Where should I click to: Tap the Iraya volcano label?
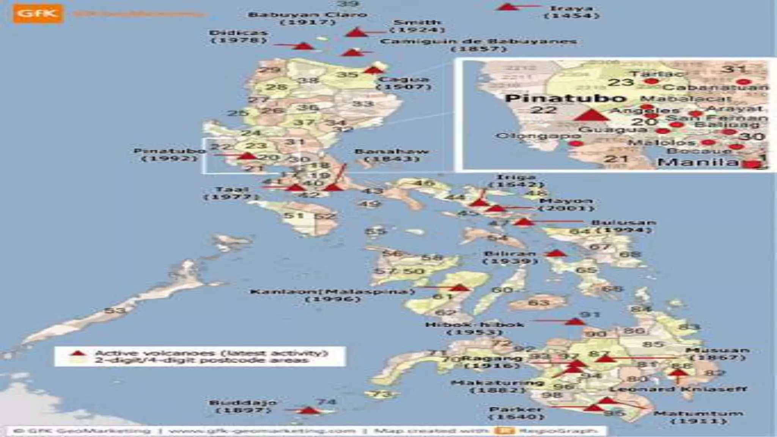coord(571,12)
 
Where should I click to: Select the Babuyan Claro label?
coord(308,18)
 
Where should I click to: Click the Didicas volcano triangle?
coord(304,46)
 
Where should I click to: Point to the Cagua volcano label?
coord(404,83)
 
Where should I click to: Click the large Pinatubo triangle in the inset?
coord(591,115)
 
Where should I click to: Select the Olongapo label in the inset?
coord(538,136)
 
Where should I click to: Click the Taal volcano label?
coord(232,193)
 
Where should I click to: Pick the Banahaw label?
coord(392,155)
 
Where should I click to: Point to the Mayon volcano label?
coord(566,204)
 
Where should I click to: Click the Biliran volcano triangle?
coord(556,253)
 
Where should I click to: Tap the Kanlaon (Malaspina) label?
coord(332,295)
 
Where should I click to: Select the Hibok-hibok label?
coord(475,328)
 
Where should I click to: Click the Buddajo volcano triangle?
coord(309,410)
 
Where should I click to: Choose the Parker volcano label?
coord(516,413)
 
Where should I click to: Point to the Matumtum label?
coord(698,417)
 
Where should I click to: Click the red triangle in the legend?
coord(78,353)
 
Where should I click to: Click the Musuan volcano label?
coord(717,354)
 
